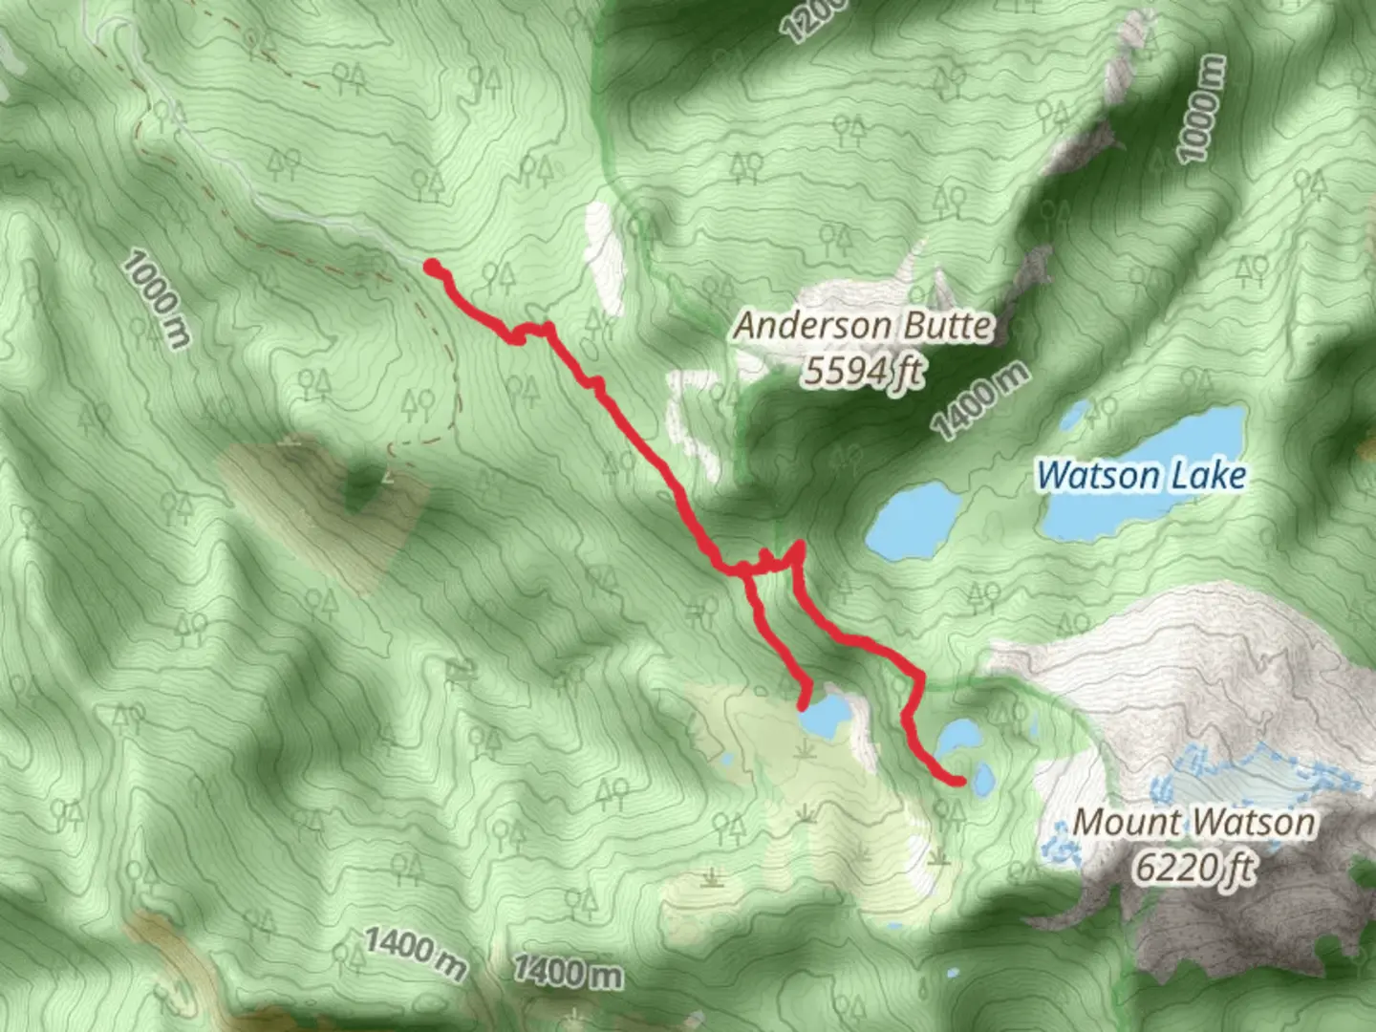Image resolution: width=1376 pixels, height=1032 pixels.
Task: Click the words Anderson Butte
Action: tap(863, 327)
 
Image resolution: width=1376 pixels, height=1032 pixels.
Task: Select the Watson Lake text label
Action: tap(1142, 475)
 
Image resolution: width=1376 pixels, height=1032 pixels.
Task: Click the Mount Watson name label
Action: tap(1193, 822)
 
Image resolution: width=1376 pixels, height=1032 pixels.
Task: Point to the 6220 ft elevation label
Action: tap(1193, 868)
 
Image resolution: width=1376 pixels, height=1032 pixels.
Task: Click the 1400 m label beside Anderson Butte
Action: tap(980, 401)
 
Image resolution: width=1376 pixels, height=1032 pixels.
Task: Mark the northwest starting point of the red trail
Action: tap(432, 266)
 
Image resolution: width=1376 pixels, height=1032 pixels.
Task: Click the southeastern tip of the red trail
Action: tap(958, 781)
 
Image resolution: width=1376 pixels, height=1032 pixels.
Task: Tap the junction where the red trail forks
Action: tap(744, 570)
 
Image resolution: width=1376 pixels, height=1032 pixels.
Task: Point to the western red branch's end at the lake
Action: tap(804, 704)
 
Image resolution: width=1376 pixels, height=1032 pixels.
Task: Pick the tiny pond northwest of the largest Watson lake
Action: tap(1076, 415)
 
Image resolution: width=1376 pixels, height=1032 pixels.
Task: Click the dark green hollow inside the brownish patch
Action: tap(361, 490)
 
